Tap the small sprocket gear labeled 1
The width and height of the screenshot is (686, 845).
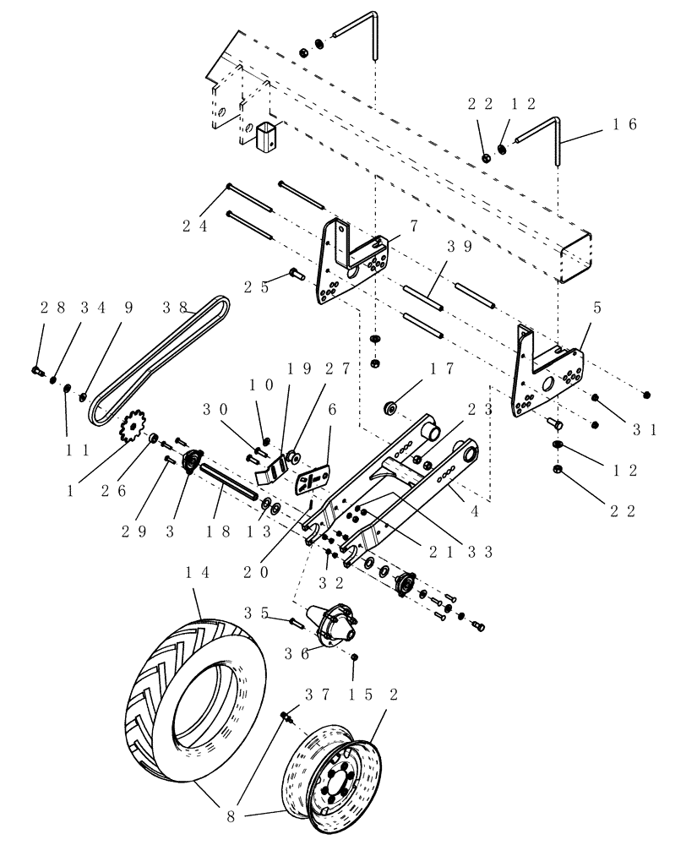coord(132,427)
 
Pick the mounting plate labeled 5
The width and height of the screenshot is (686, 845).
coord(549,372)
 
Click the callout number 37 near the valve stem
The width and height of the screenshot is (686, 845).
coord(307,694)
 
